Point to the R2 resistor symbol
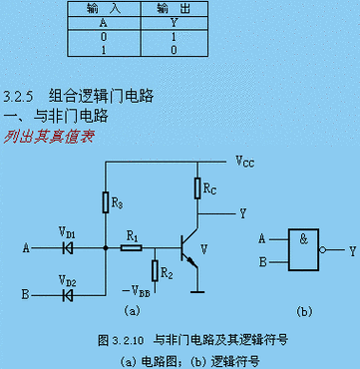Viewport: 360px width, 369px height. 153,269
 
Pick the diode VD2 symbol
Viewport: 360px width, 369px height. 69,295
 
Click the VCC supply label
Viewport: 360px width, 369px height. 245,160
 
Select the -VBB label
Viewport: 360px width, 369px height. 137,290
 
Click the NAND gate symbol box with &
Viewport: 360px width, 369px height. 300,250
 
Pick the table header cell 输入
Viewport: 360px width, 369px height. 104,6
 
